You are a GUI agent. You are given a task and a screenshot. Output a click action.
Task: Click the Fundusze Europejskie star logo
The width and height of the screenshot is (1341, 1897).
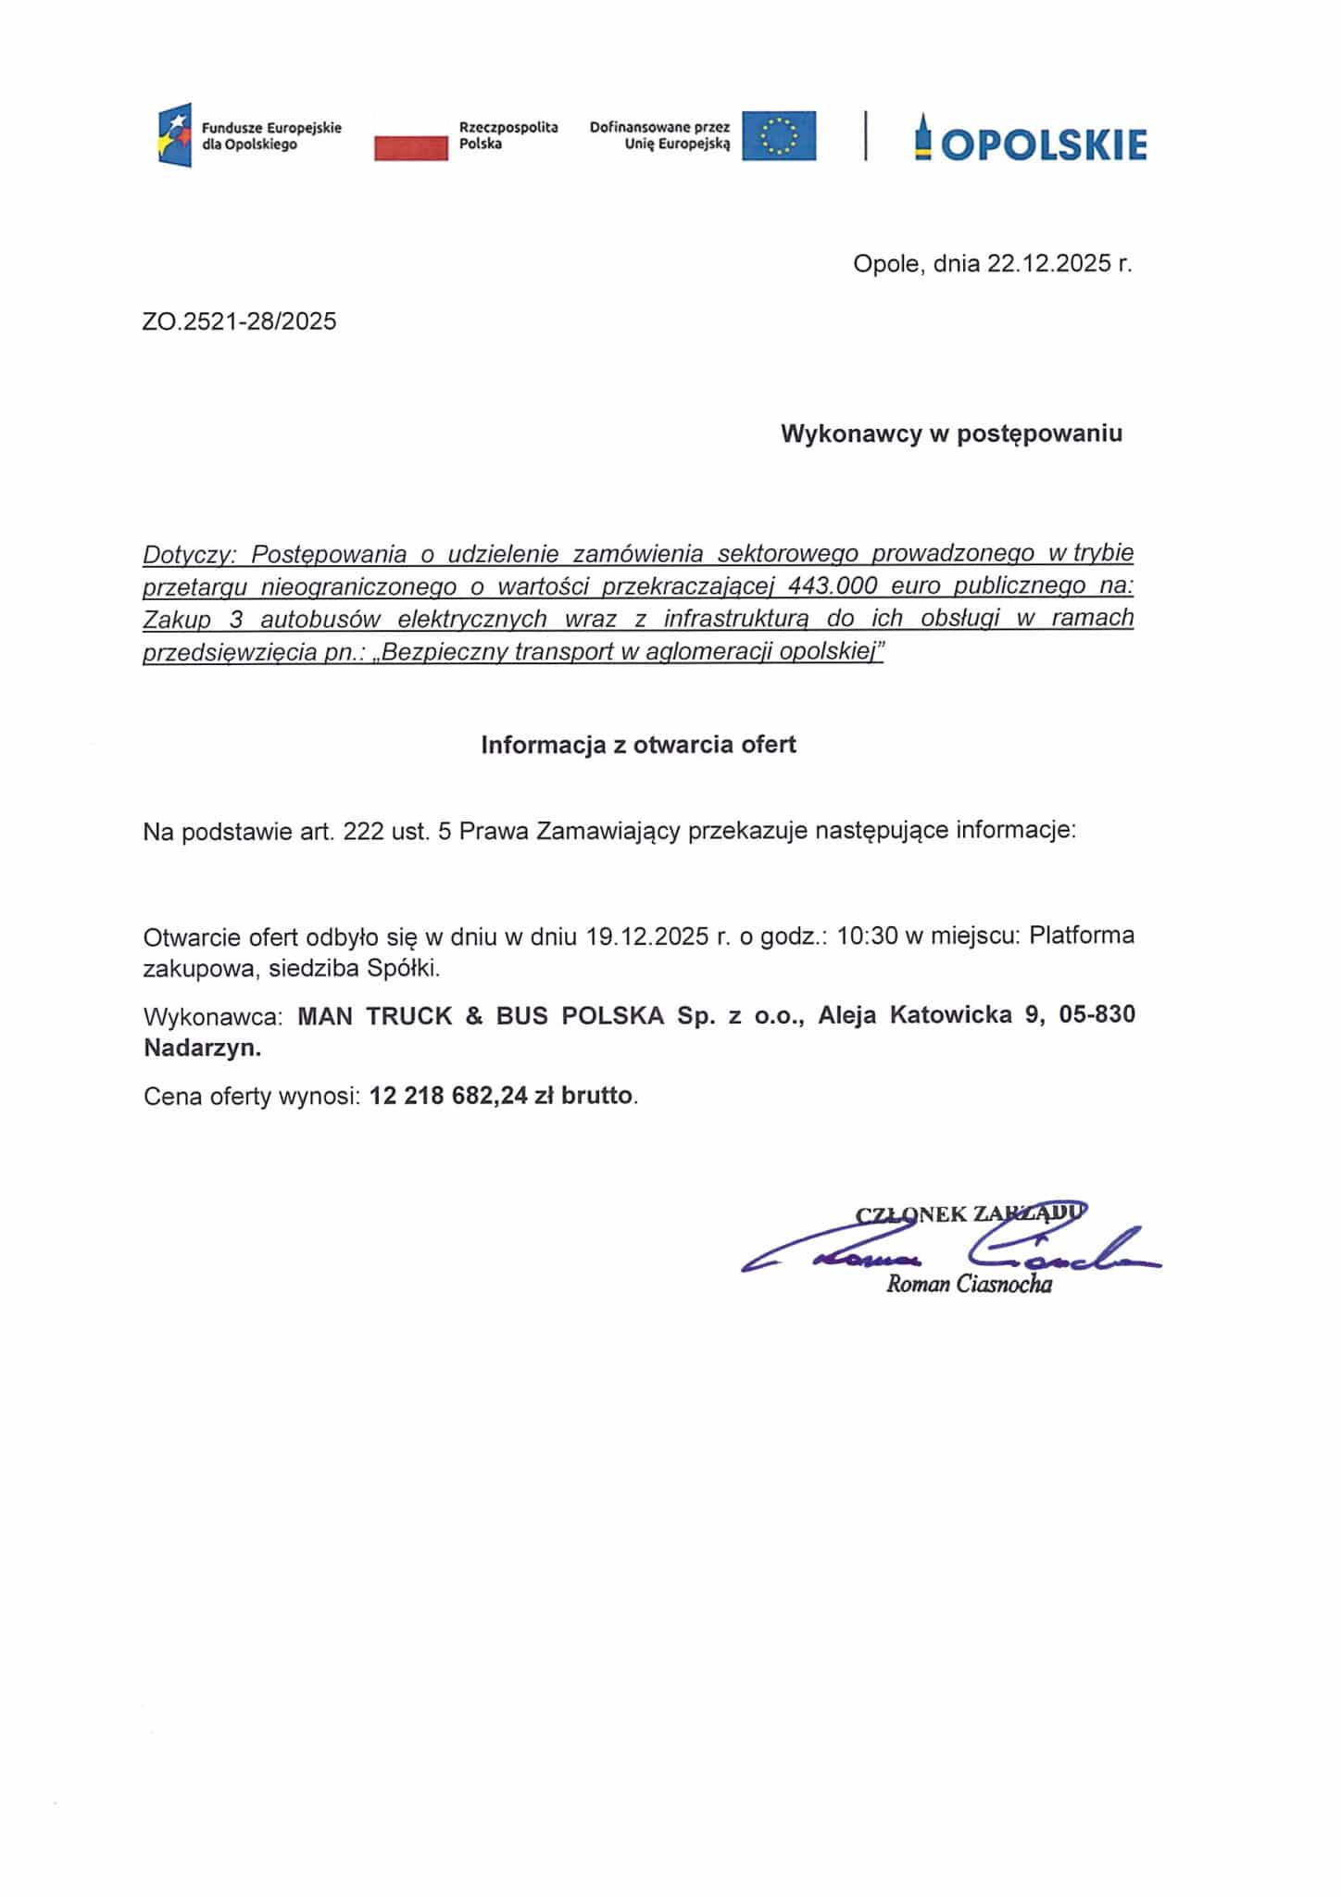175,135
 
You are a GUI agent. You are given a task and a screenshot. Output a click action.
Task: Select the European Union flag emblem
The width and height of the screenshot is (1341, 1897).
779,135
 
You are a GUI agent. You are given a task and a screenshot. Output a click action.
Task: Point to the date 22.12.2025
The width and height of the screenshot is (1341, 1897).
1048,264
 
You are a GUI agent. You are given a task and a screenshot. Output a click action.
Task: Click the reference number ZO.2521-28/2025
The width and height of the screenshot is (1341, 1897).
240,321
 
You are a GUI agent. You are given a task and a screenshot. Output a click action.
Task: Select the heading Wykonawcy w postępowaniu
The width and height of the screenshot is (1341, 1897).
951,433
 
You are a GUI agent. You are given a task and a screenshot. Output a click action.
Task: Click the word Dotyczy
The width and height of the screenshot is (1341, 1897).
190,554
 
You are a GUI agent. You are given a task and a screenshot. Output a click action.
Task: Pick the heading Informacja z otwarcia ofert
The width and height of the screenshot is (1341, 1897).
638,745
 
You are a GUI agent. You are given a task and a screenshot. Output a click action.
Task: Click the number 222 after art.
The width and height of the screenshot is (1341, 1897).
363,831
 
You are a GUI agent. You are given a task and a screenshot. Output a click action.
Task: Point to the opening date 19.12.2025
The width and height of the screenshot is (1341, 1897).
647,936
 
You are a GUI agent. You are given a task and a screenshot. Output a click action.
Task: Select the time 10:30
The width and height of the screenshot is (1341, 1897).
867,936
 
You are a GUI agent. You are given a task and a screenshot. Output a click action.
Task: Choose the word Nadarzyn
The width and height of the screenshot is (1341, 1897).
202,1049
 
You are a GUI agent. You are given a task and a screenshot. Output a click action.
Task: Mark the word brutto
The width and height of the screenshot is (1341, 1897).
596,1097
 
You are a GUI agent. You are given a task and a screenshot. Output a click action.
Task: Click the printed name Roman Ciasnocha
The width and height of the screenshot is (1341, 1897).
969,1284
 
